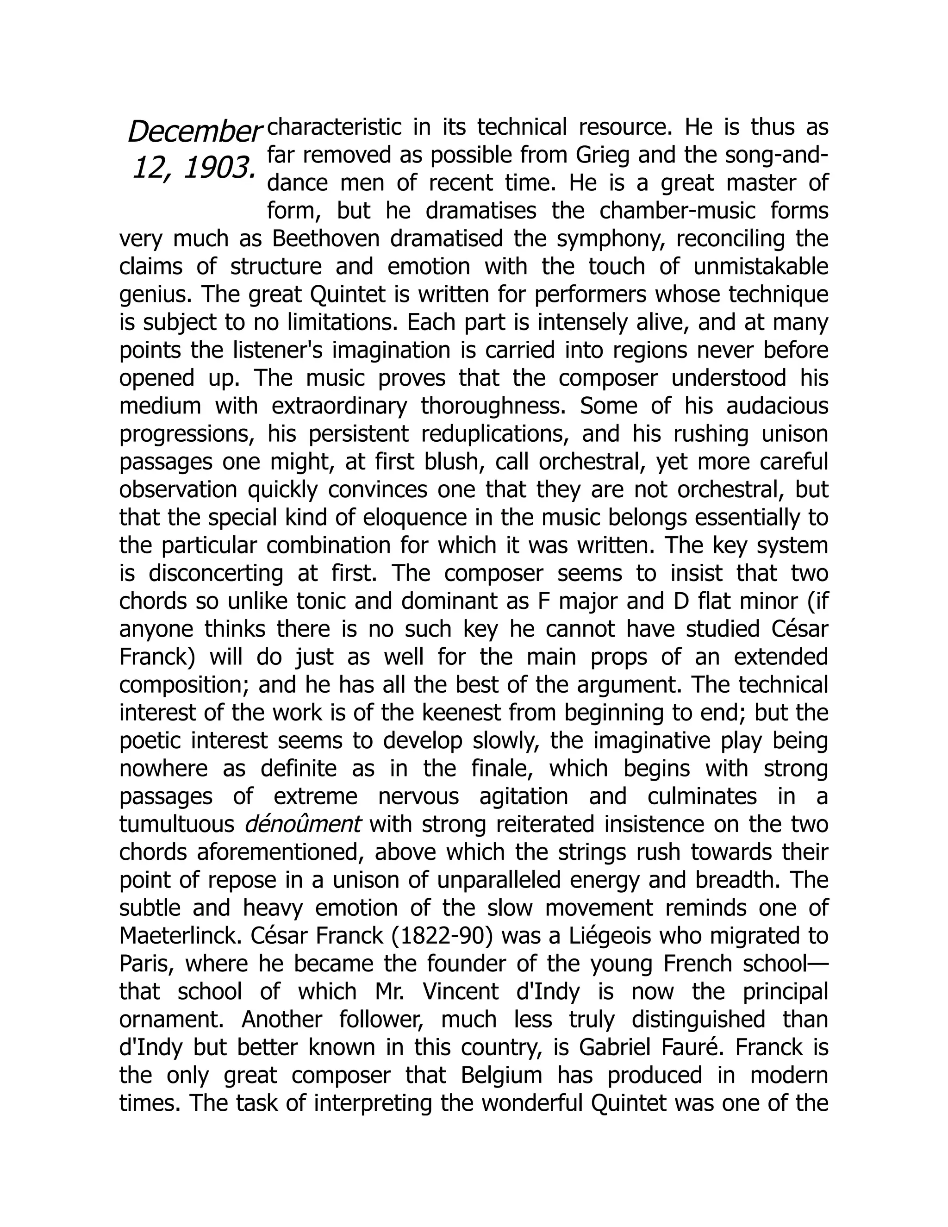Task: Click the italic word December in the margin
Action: coord(194,132)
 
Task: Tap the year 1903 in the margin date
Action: coord(217,168)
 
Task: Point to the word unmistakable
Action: coord(761,266)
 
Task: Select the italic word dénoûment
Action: coord(303,825)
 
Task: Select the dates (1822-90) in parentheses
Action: coord(439,936)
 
